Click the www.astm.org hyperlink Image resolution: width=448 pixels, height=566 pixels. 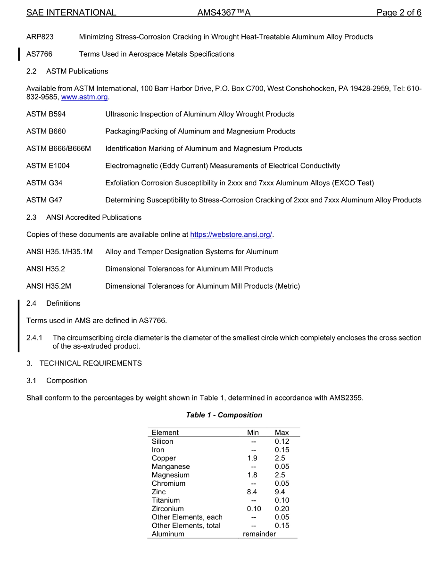click(84, 97)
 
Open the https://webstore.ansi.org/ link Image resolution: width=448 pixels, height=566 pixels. click(231, 234)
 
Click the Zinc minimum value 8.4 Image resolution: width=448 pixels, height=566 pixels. click(253, 492)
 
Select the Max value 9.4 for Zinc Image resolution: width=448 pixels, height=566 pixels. click(280, 492)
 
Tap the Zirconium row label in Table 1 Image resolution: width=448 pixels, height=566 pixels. click(167, 509)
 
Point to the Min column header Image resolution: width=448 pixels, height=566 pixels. click(253, 433)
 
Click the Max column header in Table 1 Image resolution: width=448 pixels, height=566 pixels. click(282, 433)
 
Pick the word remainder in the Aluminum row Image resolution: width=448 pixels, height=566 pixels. click(259, 534)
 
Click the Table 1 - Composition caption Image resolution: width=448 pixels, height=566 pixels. click(224, 415)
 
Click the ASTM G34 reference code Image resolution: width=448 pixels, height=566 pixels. click(44, 183)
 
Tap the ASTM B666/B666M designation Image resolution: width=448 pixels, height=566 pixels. click(58, 149)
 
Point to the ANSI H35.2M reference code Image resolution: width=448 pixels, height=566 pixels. click(49, 286)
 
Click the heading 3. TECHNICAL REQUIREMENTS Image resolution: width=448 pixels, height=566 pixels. click(84, 363)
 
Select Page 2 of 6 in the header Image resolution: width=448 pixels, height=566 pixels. click(398, 13)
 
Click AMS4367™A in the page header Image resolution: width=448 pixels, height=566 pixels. click(224, 13)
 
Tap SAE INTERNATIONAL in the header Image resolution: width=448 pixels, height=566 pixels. click(71, 13)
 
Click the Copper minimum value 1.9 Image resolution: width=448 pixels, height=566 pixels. click(252, 458)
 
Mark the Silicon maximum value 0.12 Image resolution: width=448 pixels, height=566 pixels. click(282, 441)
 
